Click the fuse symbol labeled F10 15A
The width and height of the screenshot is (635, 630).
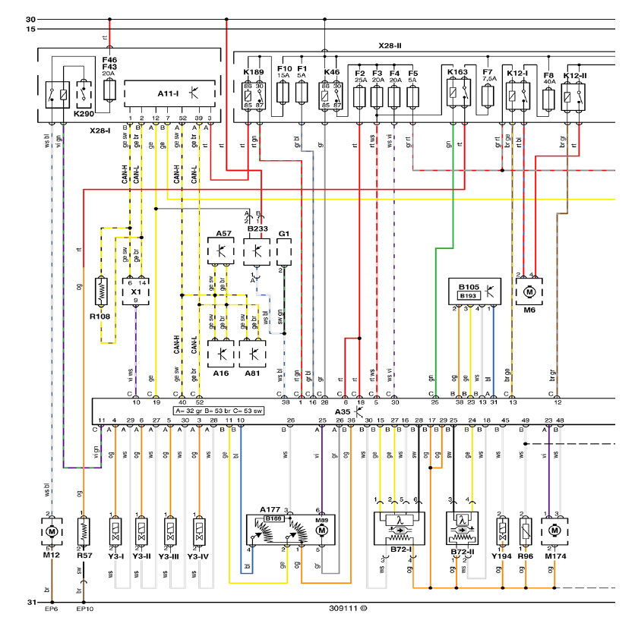(283, 94)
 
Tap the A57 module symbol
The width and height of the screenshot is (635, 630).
(222, 250)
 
